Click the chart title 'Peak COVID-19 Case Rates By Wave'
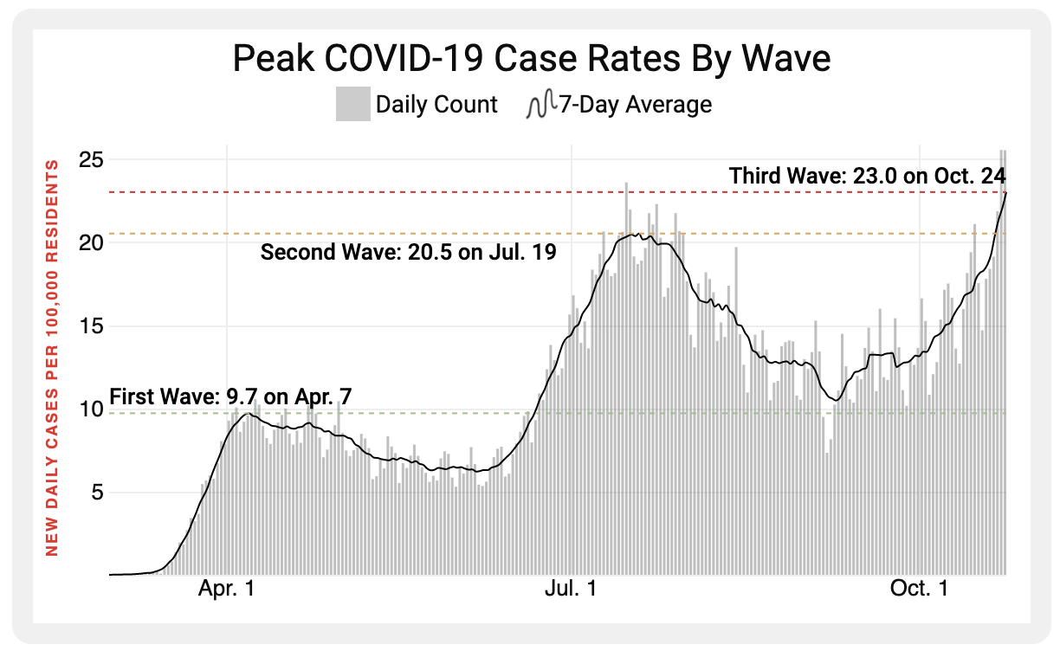click(532, 59)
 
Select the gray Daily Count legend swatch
click(352, 105)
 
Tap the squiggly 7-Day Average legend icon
click(540, 105)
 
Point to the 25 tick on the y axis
click(91, 160)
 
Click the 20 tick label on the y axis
click(91, 242)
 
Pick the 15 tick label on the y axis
click(91, 326)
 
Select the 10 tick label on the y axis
click(91, 409)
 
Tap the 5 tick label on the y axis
click(96, 493)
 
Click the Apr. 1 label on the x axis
click(226, 590)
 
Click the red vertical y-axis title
click(52, 357)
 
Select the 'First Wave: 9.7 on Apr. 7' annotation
click(230, 397)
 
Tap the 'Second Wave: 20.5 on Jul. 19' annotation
click(408, 253)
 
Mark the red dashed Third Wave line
click(433, 191)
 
